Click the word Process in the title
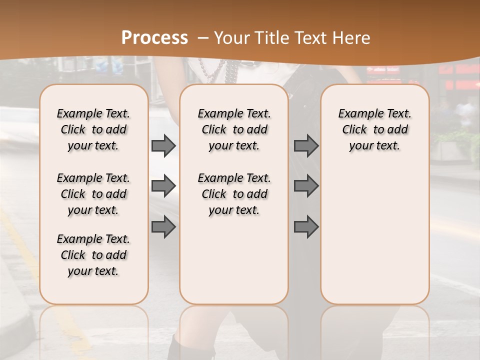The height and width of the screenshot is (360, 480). [154, 38]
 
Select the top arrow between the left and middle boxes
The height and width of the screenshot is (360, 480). [163, 146]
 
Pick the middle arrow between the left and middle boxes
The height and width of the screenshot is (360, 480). [163, 186]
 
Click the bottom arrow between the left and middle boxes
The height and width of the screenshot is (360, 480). [163, 227]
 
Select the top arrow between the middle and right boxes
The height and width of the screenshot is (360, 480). [306, 146]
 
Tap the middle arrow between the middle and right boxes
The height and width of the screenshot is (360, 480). [306, 186]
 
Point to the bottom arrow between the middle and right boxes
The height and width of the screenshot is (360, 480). [306, 227]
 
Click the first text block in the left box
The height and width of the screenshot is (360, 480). [93, 129]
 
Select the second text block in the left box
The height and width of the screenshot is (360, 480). [93, 194]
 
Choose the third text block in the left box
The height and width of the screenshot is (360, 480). [93, 255]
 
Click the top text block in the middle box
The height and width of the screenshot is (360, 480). [234, 129]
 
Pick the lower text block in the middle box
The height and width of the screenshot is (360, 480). [234, 194]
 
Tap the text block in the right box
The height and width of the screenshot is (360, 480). [375, 129]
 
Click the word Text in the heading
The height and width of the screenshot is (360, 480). [309, 38]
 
